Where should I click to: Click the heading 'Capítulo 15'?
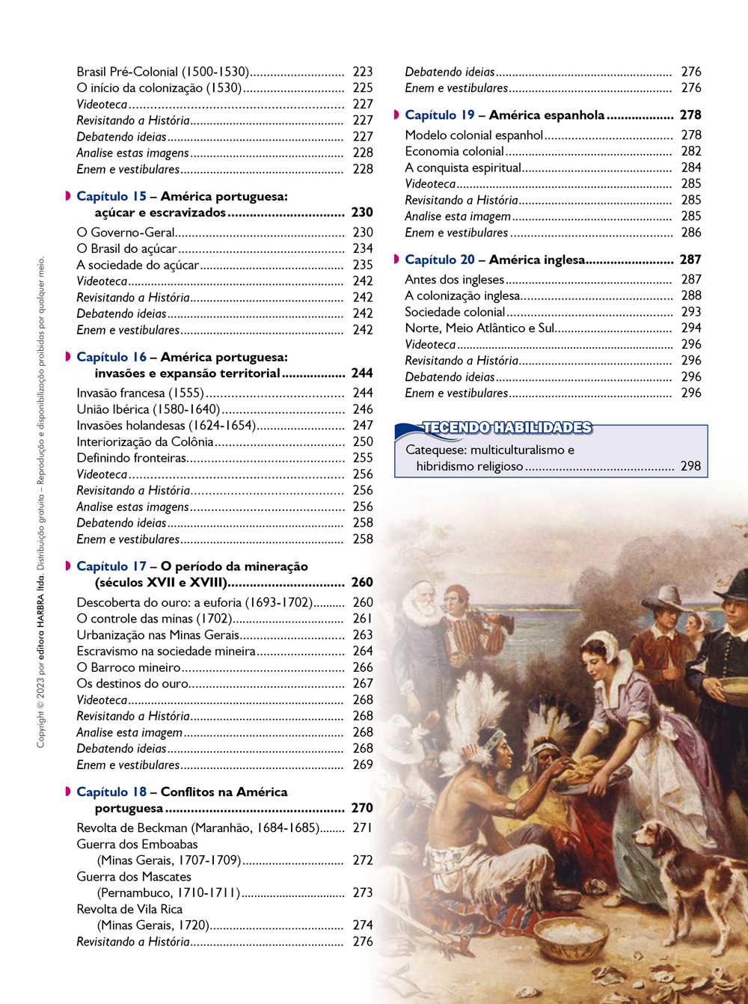[x=111, y=197]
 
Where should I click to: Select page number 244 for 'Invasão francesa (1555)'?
[x=363, y=393]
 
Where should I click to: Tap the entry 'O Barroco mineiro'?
[x=129, y=667]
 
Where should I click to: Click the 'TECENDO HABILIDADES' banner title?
[x=507, y=428]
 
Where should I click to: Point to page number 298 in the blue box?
[x=690, y=466]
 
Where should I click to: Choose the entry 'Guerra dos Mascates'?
[x=134, y=877]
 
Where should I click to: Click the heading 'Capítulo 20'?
[x=440, y=260]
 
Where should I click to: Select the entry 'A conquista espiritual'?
[x=463, y=168]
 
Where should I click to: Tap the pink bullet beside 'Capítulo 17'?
[x=68, y=566]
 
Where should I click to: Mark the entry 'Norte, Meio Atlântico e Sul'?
[x=479, y=328]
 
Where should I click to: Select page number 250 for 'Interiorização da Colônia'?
[x=363, y=442]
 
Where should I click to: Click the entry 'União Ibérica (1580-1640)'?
[x=148, y=409]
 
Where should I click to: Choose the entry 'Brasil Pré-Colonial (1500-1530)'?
[x=162, y=72]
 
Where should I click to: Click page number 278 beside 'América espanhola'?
[x=690, y=115]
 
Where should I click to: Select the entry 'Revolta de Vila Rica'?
[x=129, y=909]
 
